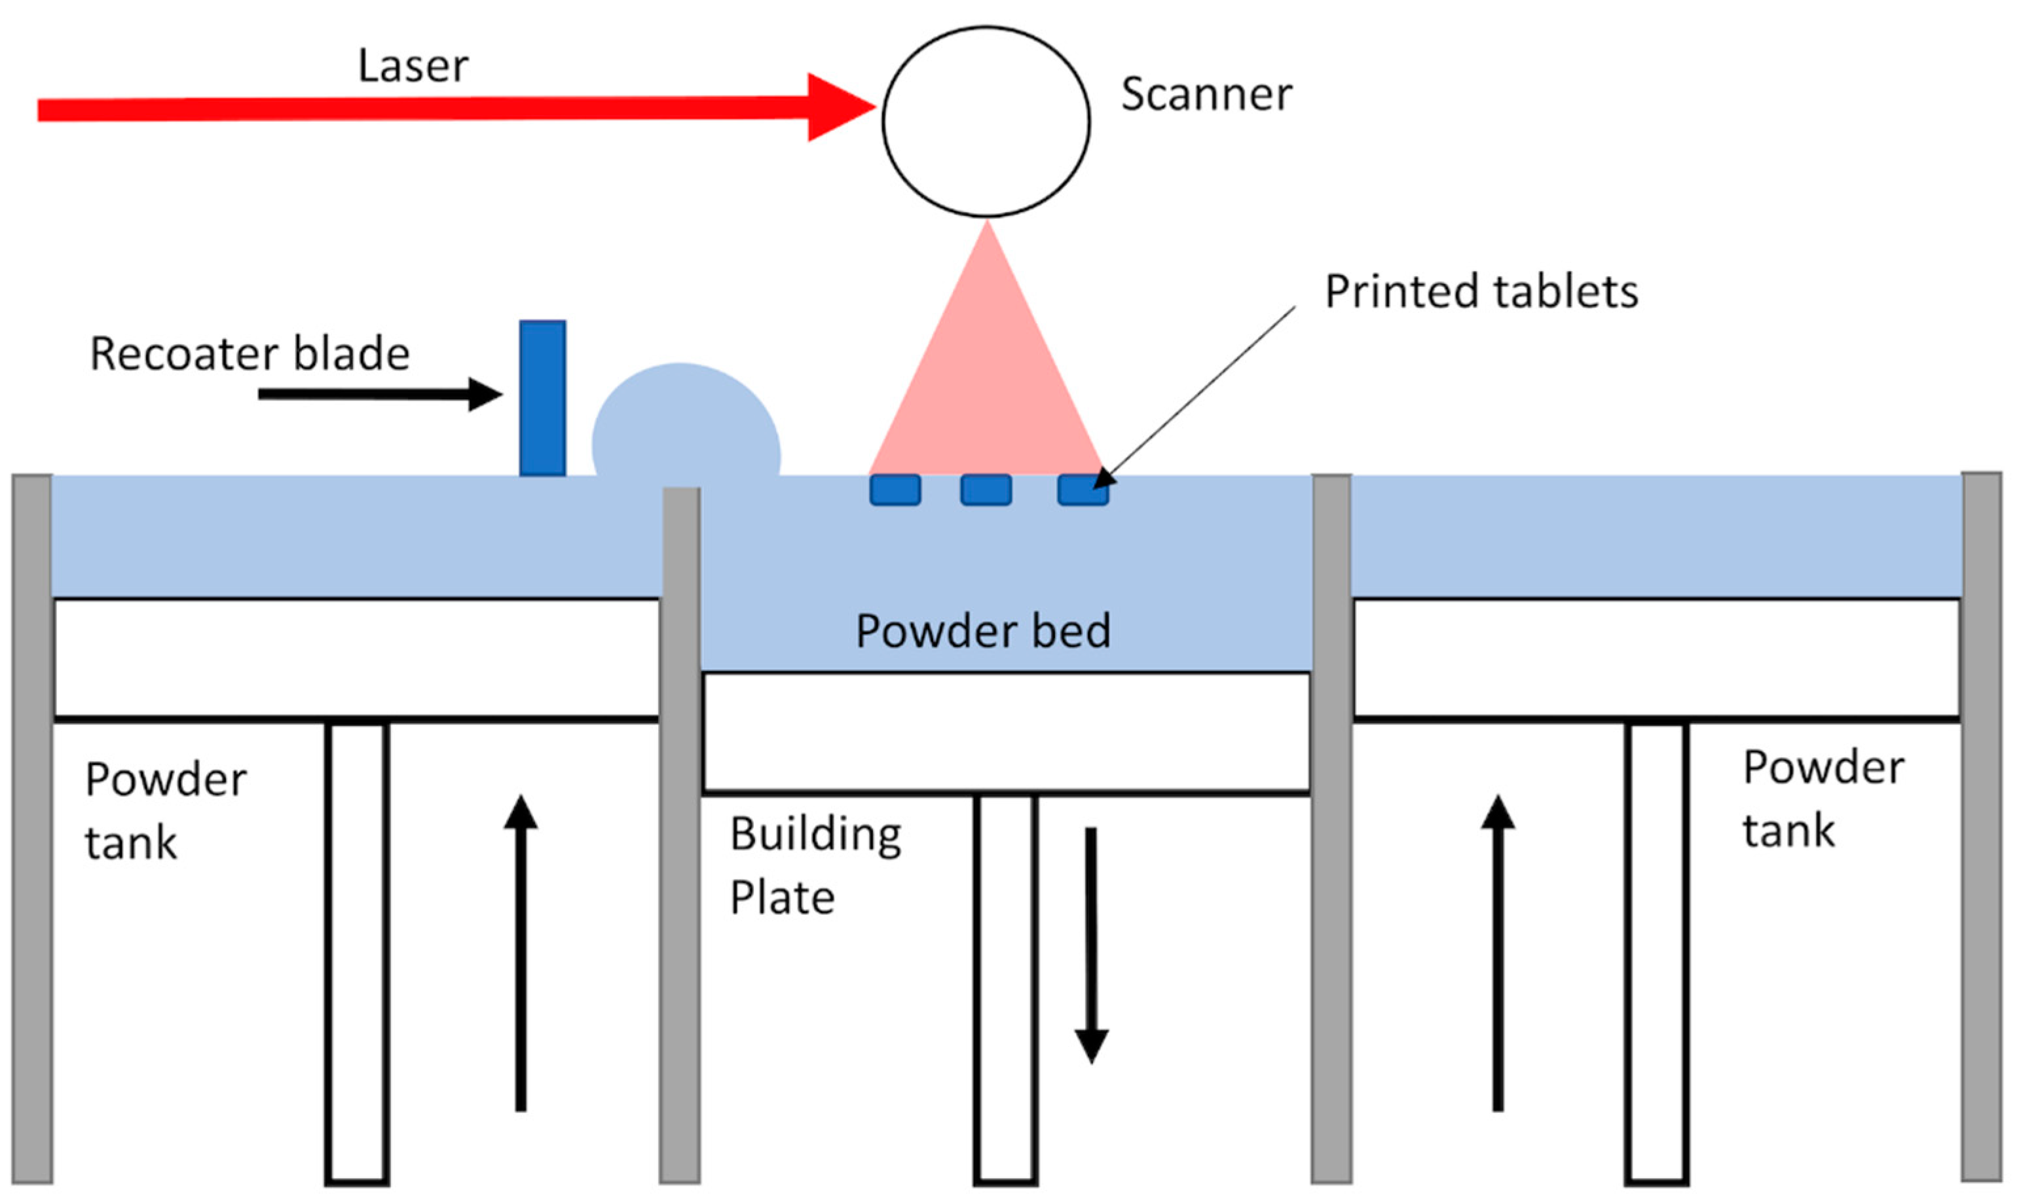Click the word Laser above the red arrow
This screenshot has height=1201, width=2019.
pos(413,66)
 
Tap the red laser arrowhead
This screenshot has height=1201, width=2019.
pos(838,107)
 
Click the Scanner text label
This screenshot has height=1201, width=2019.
pos(1206,95)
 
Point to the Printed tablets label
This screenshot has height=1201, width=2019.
pos(1481,291)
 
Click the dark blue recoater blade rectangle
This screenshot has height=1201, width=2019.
pos(542,398)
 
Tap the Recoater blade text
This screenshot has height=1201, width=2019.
pos(250,355)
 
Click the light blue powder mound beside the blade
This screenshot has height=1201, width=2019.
pos(685,425)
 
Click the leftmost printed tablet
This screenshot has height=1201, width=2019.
pos(895,490)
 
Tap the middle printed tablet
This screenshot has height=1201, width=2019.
pos(985,490)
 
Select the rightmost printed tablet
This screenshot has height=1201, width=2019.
pos(1082,490)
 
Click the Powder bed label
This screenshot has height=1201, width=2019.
pos(983,631)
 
